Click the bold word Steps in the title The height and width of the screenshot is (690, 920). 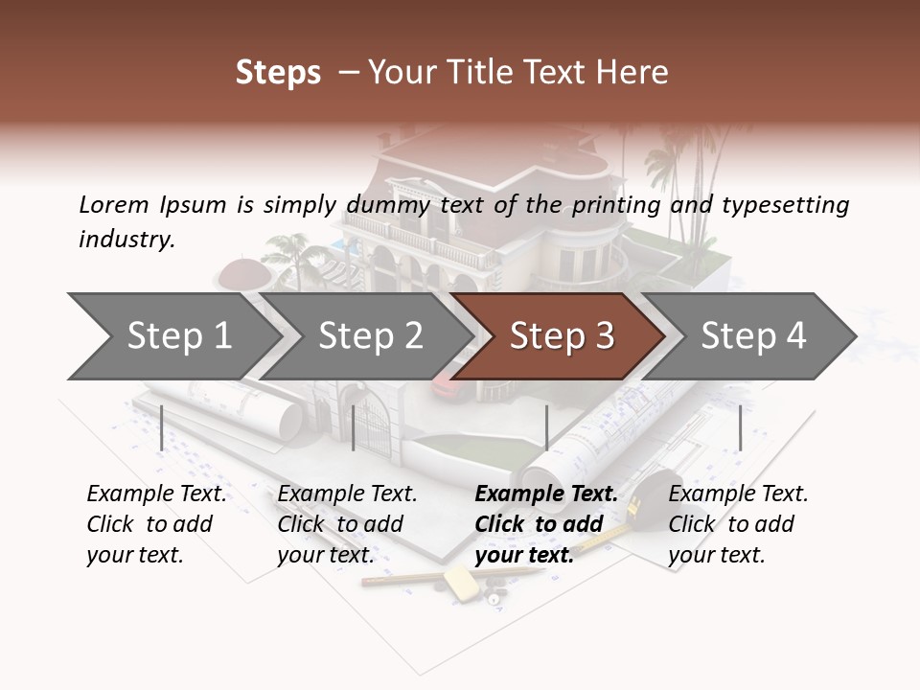click(x=278, y=73)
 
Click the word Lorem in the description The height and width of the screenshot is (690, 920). click(x=113, y=204)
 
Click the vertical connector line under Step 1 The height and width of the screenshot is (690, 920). click(x=162, y=427)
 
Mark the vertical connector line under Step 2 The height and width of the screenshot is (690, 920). click(x=354, y=427)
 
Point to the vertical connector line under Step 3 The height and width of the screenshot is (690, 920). click(x=546, y=427)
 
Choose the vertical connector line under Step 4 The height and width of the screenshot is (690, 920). click(x=740, y=427)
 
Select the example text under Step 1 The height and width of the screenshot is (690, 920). click(x=156, y=524)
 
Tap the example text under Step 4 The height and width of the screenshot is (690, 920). click(x=738, y=524)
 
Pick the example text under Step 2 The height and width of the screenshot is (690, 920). click(x=347, y=524)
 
